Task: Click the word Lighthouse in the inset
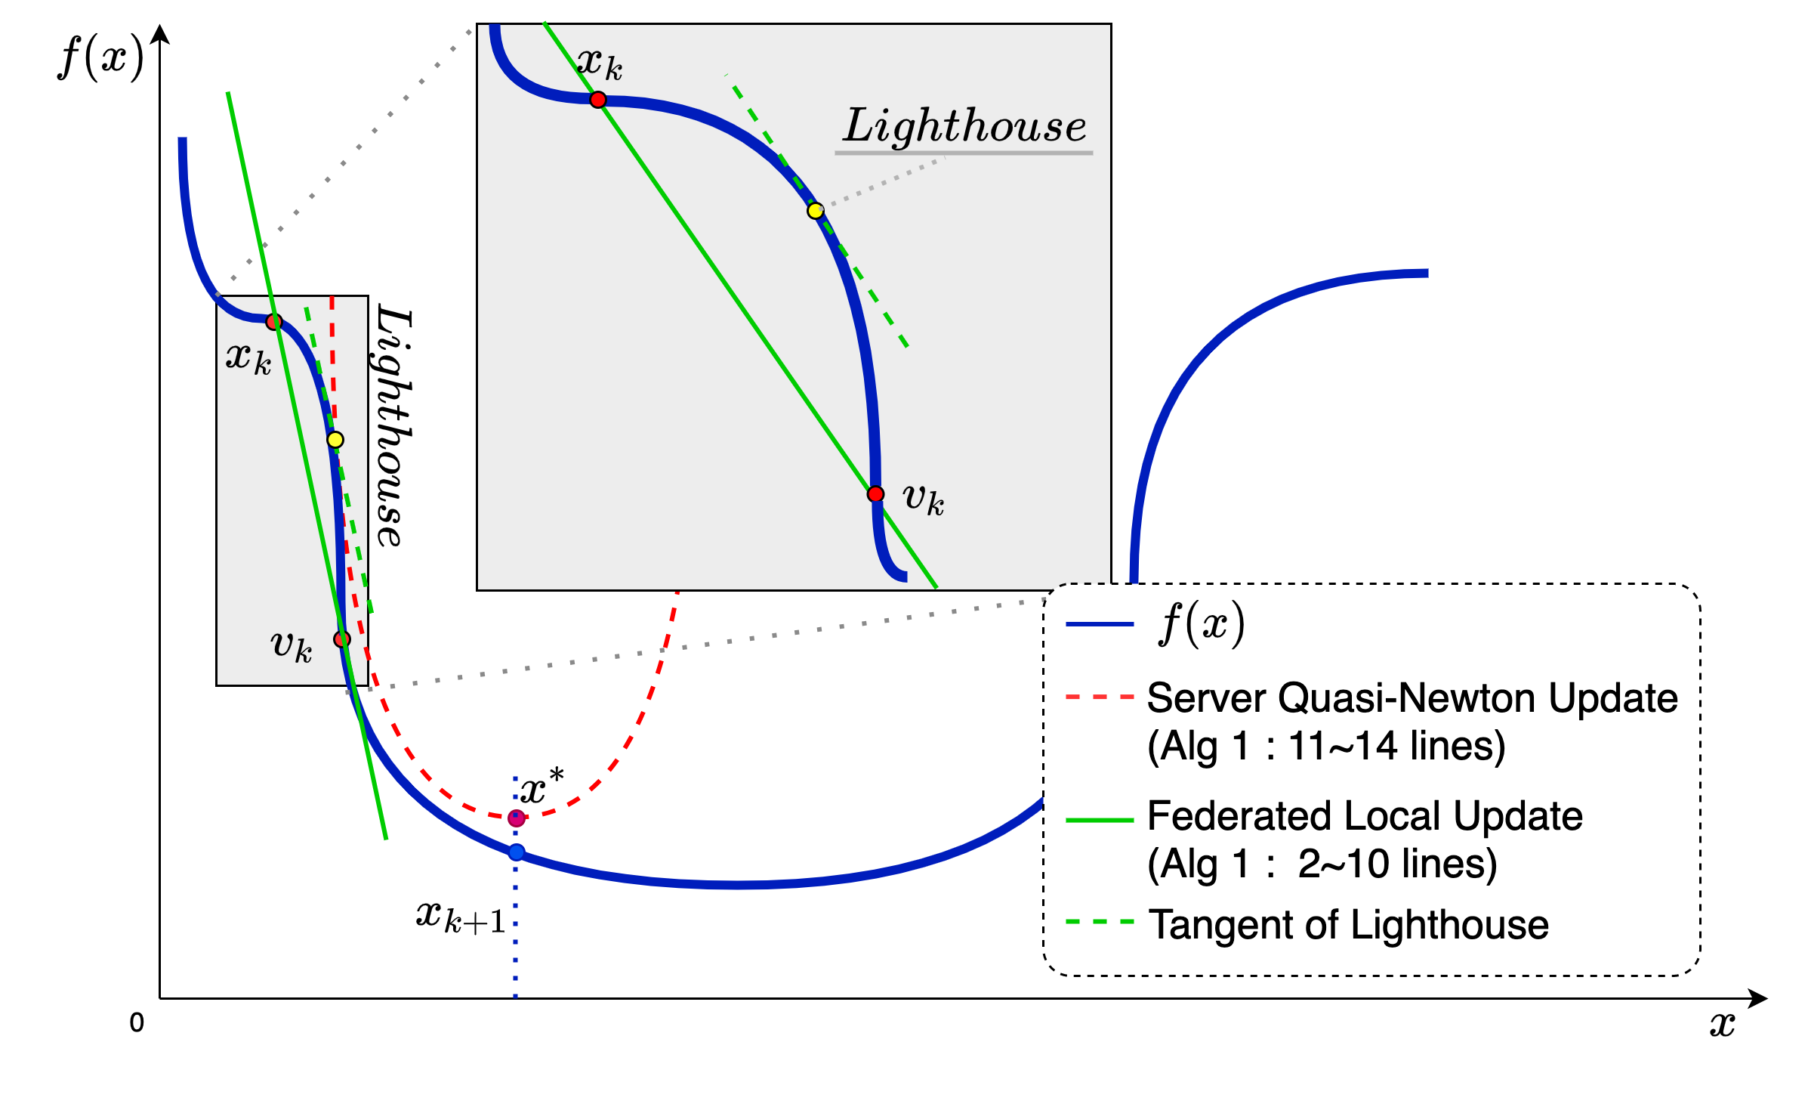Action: point(964,125)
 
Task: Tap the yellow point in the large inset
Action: point(815,211)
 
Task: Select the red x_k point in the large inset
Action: point(598,100)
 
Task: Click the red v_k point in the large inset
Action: point(875,494)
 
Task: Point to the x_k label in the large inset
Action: point(600,63)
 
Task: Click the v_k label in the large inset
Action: point(923,499)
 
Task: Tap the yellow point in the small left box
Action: point(335,440)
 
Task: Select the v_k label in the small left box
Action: point(292,645)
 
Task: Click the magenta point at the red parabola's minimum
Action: point(517,818)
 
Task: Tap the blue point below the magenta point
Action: point(517,852)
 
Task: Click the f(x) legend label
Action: point(1201,624)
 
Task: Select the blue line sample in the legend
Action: point(1099,624)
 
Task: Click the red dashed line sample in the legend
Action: point(1099,697)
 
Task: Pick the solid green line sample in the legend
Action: point(1099,820)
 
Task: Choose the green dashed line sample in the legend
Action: point(1099,923)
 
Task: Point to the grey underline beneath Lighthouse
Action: point(964,153)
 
